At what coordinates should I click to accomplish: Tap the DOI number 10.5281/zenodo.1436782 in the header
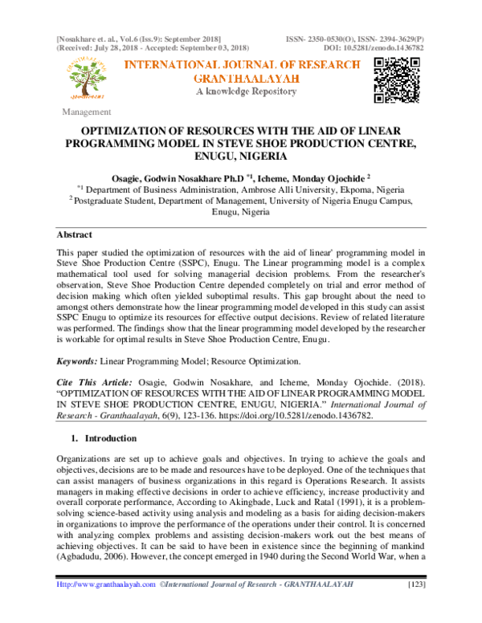point(395,47)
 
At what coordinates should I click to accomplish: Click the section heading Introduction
point(110,439)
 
